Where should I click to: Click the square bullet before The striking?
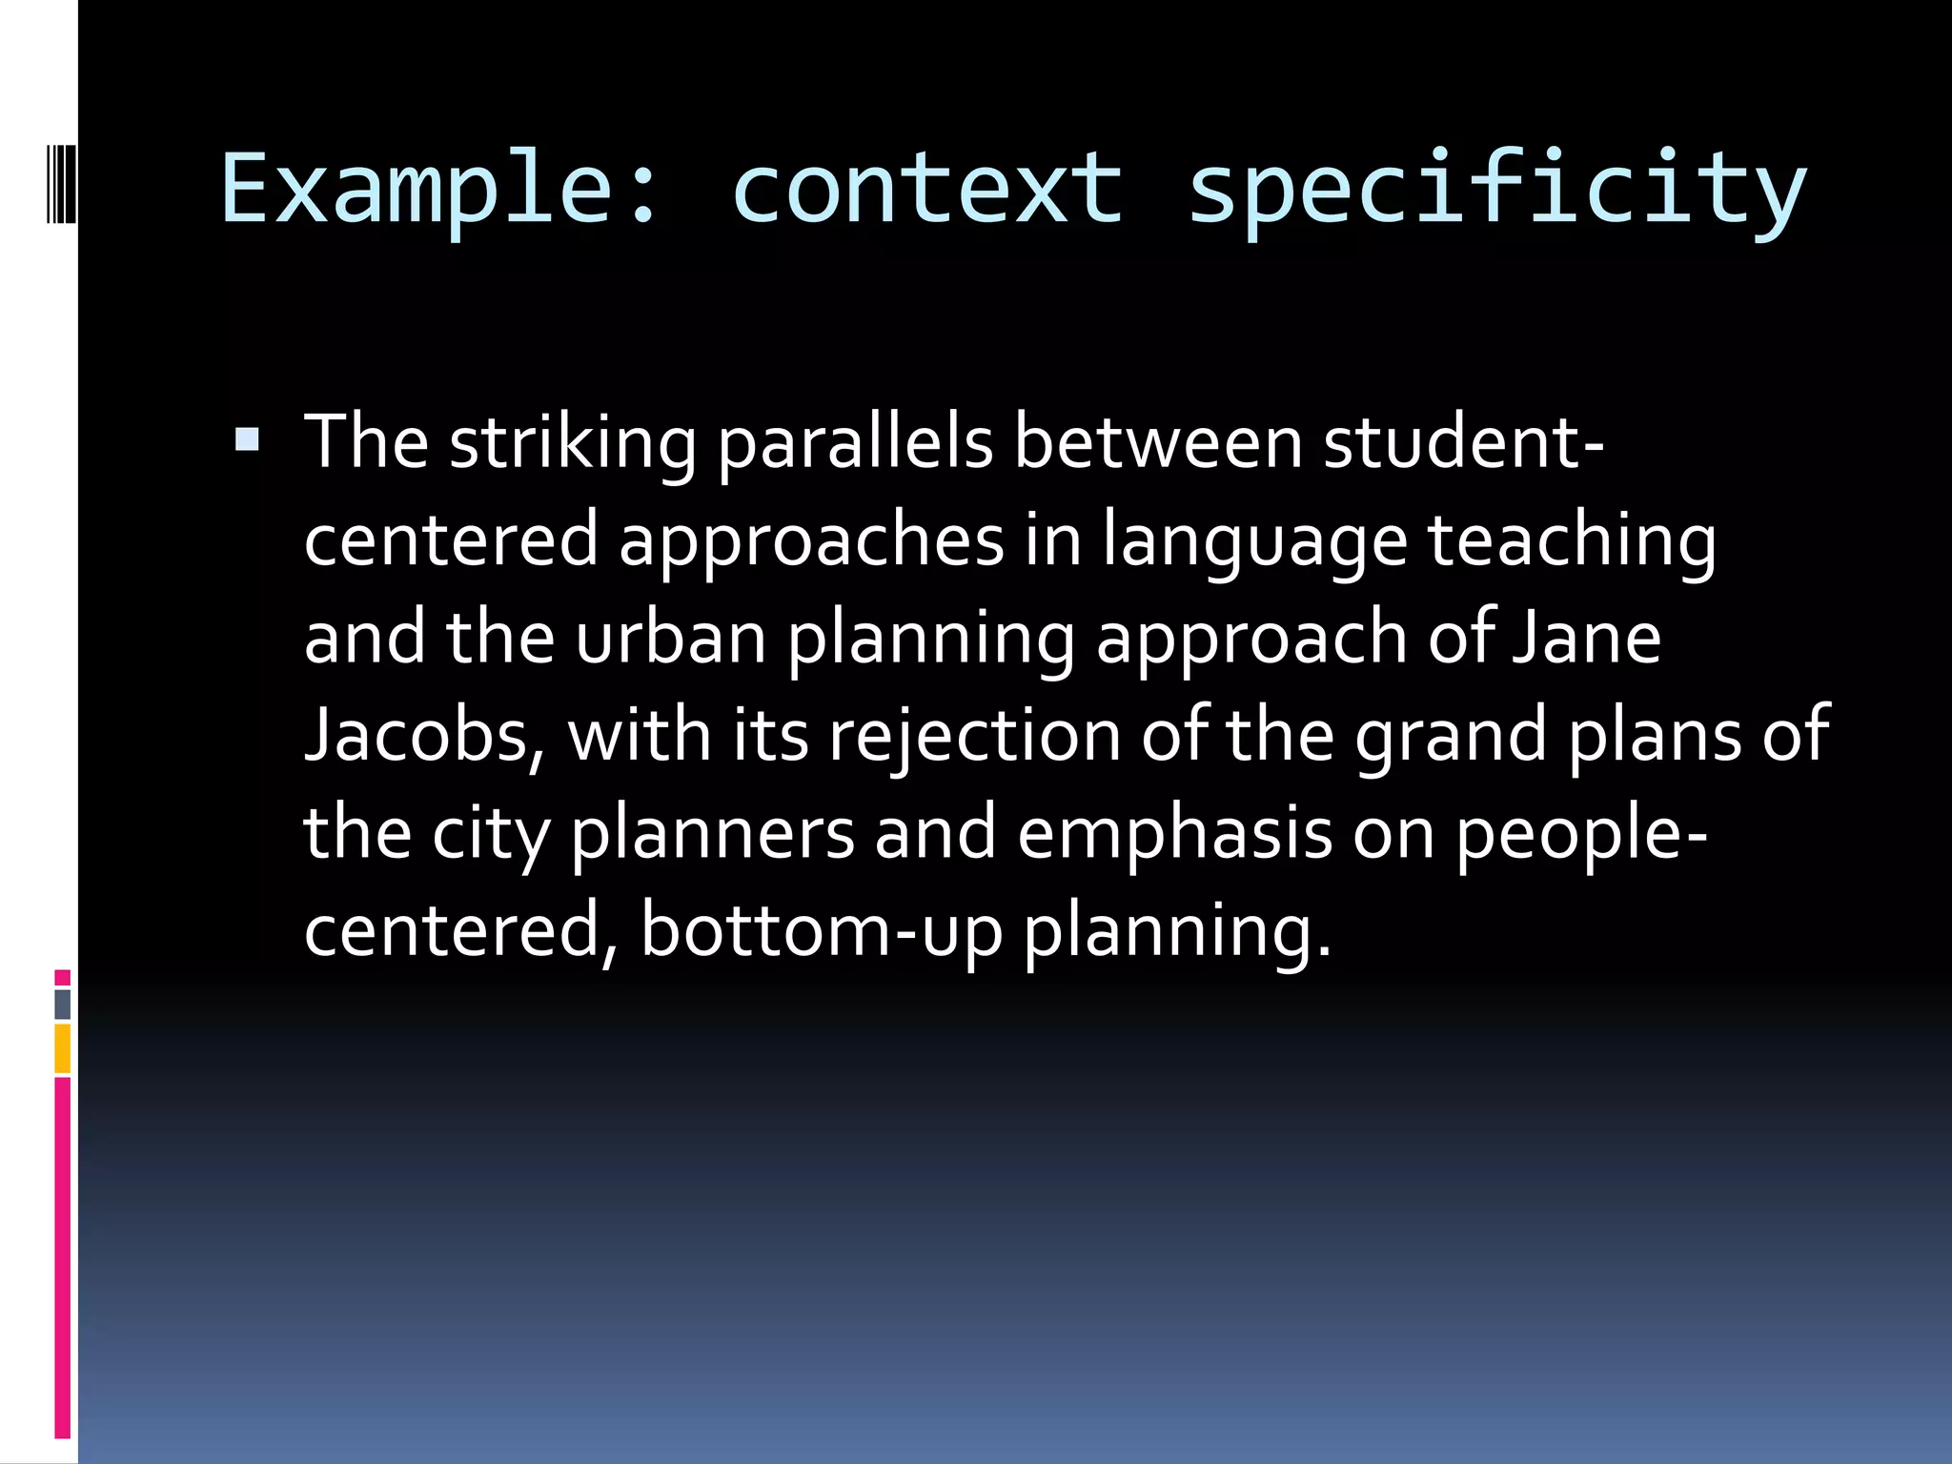click(247, 439)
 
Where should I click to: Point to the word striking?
click(573, 444)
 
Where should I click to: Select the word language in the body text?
click(1254, 541)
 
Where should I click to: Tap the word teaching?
click(1572, 541)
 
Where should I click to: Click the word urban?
click(671, 638)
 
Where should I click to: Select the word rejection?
click(974, 738)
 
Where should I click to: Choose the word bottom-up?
click(822, 931)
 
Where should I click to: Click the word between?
click(1158, 442)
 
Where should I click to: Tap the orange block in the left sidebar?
click(63, 1048)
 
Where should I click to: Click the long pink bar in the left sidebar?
click(63, 1258)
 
